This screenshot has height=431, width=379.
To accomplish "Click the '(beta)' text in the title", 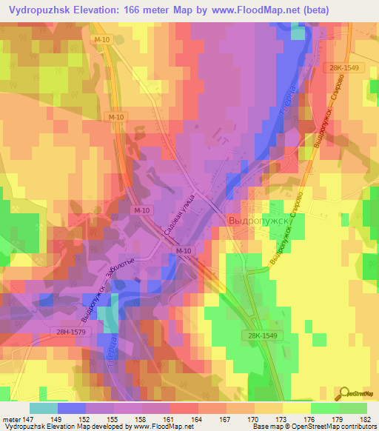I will [x=311, y=10].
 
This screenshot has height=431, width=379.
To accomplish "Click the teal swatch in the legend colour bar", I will [x=43, y=407].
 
